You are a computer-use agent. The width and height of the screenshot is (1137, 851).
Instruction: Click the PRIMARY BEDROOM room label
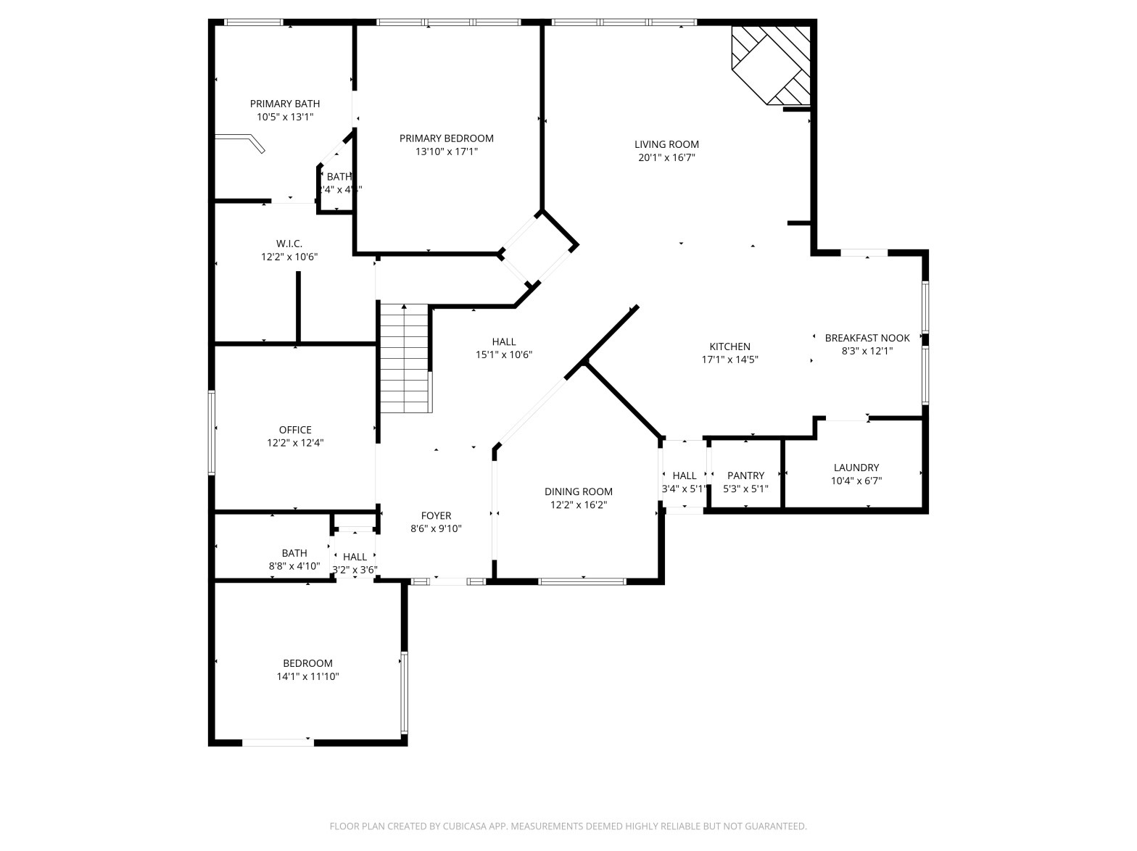click(x=446, y=138)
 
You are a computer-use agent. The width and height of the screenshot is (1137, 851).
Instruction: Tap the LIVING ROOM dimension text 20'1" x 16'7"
click(x=666, y=157)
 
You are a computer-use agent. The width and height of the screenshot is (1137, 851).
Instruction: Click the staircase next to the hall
click(x=405, y=359)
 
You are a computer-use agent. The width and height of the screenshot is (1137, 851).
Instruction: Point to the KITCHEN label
click(x=729, y=346)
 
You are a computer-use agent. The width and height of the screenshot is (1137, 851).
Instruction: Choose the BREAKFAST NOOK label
click(x=867, y=338)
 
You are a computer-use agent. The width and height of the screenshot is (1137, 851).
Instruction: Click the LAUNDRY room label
click(x=856, y=468)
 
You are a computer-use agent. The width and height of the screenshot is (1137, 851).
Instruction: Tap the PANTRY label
click(x=745, y=476)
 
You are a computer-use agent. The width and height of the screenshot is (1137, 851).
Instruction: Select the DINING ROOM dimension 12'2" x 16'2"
click(x=578, y=505)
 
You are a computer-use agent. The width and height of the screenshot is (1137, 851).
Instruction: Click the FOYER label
click(x=436, y=515)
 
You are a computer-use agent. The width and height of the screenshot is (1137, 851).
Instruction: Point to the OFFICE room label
click(x=295, y=430)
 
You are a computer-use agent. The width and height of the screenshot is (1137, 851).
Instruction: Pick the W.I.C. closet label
click(x=289, y=244)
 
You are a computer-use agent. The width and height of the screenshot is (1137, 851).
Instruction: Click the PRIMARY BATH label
click(x=285, y=104)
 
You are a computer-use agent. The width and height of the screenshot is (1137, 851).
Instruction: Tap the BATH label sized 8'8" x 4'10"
click(x=294, y=553)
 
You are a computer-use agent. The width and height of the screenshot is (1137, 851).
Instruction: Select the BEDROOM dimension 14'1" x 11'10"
click(x=307, y=676)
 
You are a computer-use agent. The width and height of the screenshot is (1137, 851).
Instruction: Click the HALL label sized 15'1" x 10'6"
click(x=503, y=341)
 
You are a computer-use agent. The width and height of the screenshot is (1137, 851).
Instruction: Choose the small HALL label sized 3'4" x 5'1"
click(x=684, y=476)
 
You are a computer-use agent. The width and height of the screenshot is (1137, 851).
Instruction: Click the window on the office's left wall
click(x=212, y=433)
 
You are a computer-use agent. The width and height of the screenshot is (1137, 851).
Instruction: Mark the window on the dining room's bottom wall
click(x=582, y=581)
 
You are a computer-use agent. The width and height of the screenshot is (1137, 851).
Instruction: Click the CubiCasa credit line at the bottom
click(x=568, y=826)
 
